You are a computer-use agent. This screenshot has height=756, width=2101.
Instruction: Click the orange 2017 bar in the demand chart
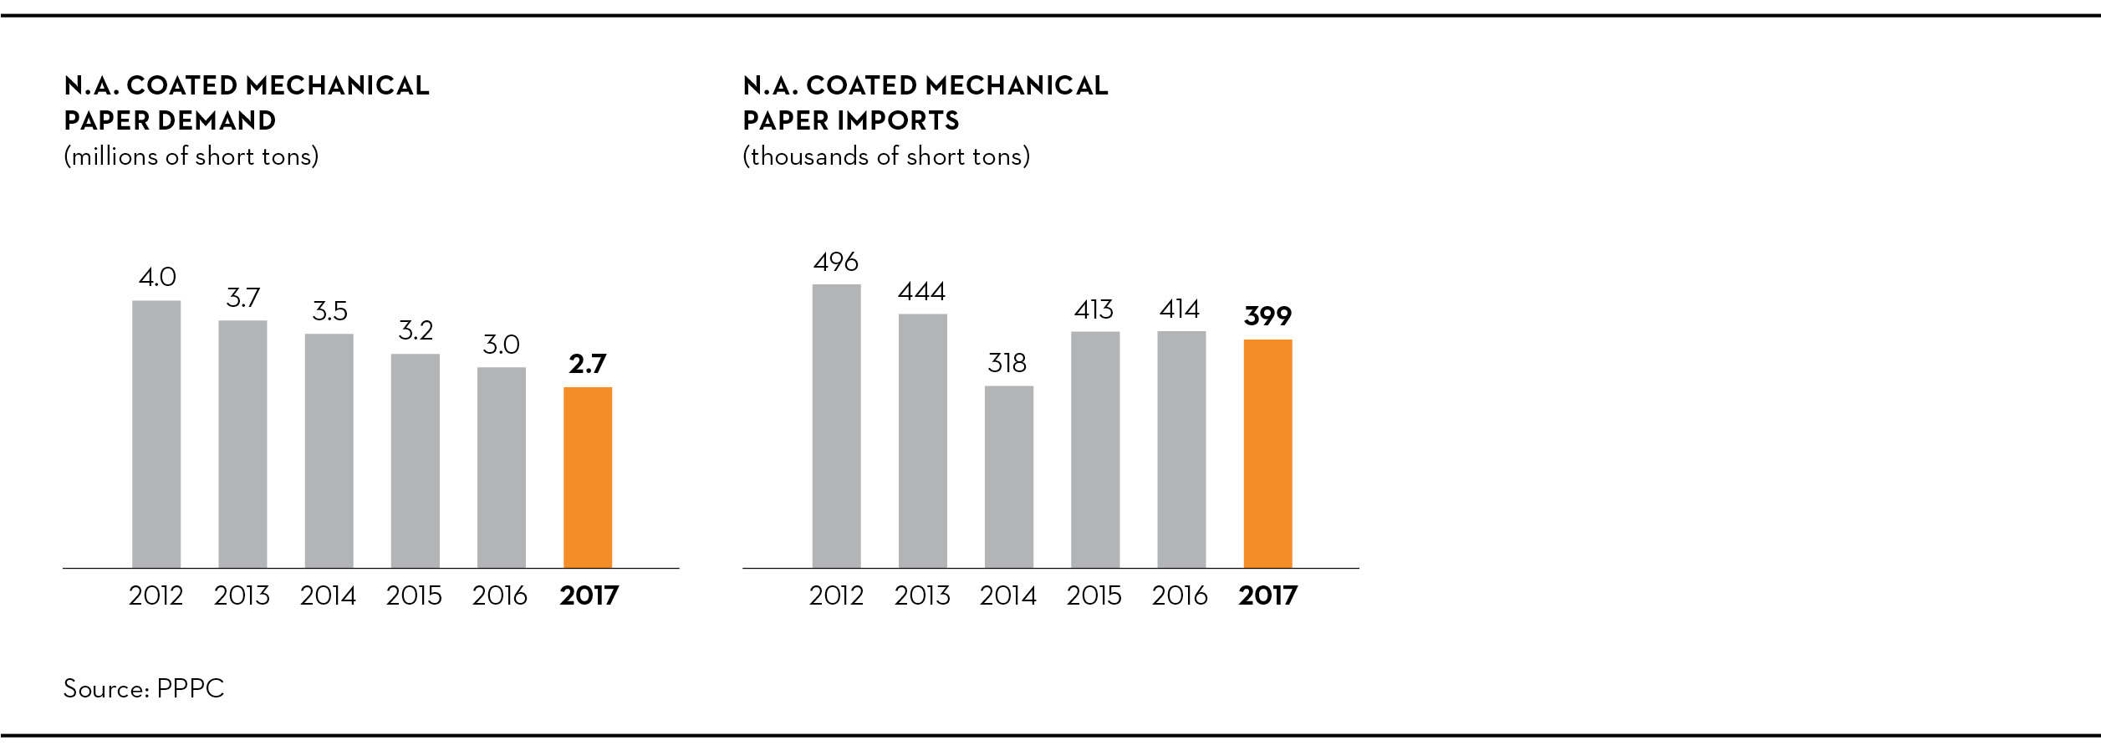coord(588,478)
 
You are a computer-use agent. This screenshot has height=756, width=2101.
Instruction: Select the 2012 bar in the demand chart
coord(156,434)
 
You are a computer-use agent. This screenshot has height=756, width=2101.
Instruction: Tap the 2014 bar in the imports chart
coord(1009,477)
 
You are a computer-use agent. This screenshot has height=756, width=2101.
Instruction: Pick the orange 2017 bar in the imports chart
coord(1267,453)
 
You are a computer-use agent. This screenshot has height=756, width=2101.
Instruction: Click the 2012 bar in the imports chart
coord(836,426)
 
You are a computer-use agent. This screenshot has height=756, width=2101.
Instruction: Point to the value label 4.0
coord(157,277)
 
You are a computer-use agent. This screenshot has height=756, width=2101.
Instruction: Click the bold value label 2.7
coord(587,364)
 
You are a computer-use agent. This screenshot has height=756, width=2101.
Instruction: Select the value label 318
coord(1007,363)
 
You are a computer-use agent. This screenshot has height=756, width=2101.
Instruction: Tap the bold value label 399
coord(1267,316)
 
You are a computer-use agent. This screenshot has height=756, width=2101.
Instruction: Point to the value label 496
coord(836,262)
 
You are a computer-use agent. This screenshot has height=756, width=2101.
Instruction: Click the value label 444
coord(922,291)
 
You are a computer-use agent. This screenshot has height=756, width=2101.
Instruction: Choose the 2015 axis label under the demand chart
coord(414,595)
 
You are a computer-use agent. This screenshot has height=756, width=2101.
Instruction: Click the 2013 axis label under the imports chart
coord(922,595)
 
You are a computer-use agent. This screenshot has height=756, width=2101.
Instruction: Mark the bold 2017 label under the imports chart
coord(1267,595)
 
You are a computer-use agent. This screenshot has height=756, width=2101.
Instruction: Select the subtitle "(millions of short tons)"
coord(191,156)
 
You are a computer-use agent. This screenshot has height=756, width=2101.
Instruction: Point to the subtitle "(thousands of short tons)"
coord(886,156)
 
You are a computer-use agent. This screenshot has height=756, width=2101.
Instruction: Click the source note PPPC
coord(191,689)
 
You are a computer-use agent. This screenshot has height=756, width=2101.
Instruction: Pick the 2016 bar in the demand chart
coord(502,467)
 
